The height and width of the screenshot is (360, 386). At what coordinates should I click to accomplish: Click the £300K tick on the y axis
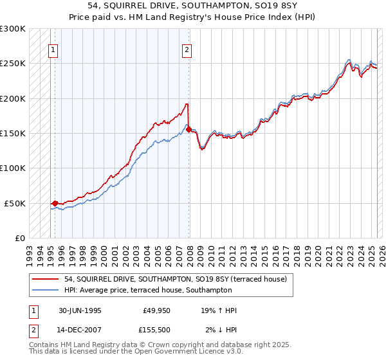(13, 29)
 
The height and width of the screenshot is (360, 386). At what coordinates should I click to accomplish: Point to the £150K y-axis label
(13, 134)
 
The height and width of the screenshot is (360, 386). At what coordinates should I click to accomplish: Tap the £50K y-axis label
(15, 203)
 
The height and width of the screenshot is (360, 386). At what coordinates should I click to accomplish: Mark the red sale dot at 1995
(55, 203)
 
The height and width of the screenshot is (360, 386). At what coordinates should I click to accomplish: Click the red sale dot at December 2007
(188, 129)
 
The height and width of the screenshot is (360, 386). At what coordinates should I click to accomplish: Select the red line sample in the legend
(46, 279)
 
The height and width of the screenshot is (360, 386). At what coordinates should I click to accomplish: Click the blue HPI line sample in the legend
(46, 291)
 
